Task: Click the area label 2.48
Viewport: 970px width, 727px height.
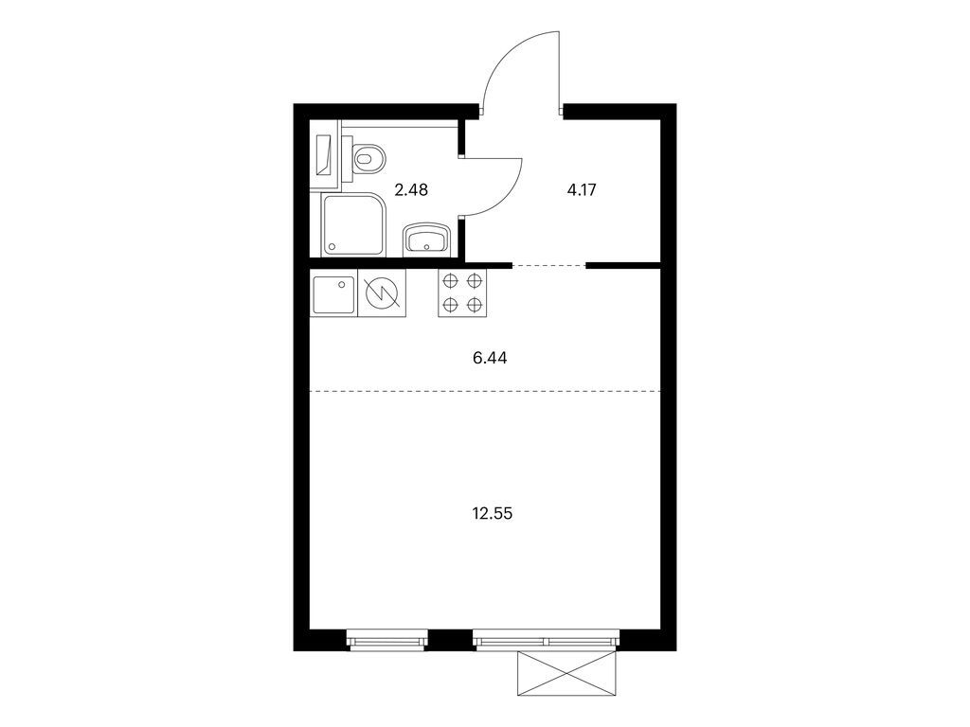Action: tap(411, 189)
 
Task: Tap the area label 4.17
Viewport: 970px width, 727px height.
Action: tap(582, 189)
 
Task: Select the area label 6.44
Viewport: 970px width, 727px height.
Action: tap(490, 358)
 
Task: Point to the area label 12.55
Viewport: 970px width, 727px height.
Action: tap(493, 514)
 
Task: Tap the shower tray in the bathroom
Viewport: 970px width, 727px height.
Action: tap(353, 223)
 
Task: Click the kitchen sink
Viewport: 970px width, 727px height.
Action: tap(333, 294)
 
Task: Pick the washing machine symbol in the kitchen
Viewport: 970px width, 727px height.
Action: tap(382, 293)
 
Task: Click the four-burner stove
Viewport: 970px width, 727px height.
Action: tap(462, 293)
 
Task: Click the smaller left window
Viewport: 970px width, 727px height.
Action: tap(387, 639)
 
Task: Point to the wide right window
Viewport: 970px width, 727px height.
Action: tap(547, 639)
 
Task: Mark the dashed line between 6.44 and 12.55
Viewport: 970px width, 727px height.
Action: tap(485, 391)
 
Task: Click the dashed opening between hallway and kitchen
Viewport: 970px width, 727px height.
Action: tap(548, 266)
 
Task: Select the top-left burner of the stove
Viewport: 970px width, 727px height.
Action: tap(451, 281)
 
